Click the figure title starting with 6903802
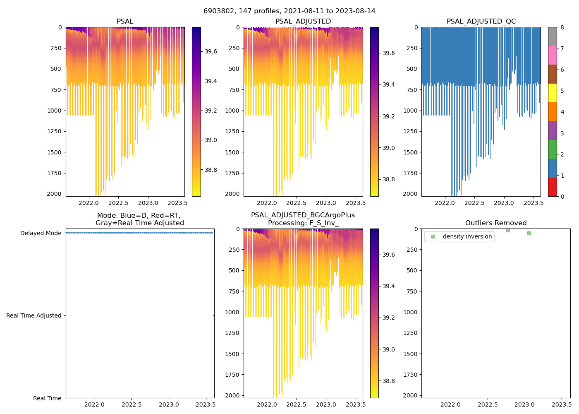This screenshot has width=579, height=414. pyautogui.click(x=289, y=11)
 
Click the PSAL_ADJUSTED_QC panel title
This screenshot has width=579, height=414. pyautogui.click(x=481, y=22)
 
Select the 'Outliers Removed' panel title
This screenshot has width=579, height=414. pyautogui.click(x=495, y=223)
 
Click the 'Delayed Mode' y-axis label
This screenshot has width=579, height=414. pyautogui.click(x=41, y=233)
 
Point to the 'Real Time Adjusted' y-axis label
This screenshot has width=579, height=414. pyautogui.click(x=33, y=315)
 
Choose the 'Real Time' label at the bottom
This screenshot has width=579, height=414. pyautogui.click(x=47, y=398)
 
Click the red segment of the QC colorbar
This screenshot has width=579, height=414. pyautogui.click(x=552, y=187)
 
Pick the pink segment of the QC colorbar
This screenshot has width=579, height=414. pyautogui.click(x=552, y=55)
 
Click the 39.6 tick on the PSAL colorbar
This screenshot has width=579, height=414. pyautogui.click(x=211, y=51)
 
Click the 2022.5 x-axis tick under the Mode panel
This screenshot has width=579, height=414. pyautogui.click(x=132, y=404)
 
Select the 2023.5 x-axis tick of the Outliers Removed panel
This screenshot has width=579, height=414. pyautogui.click(x=562, y=404)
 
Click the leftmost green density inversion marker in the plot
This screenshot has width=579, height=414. pyautogui.click(x=508, y=230)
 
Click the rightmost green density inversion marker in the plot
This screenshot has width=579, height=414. pyautogui.click(x=529, y=233)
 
